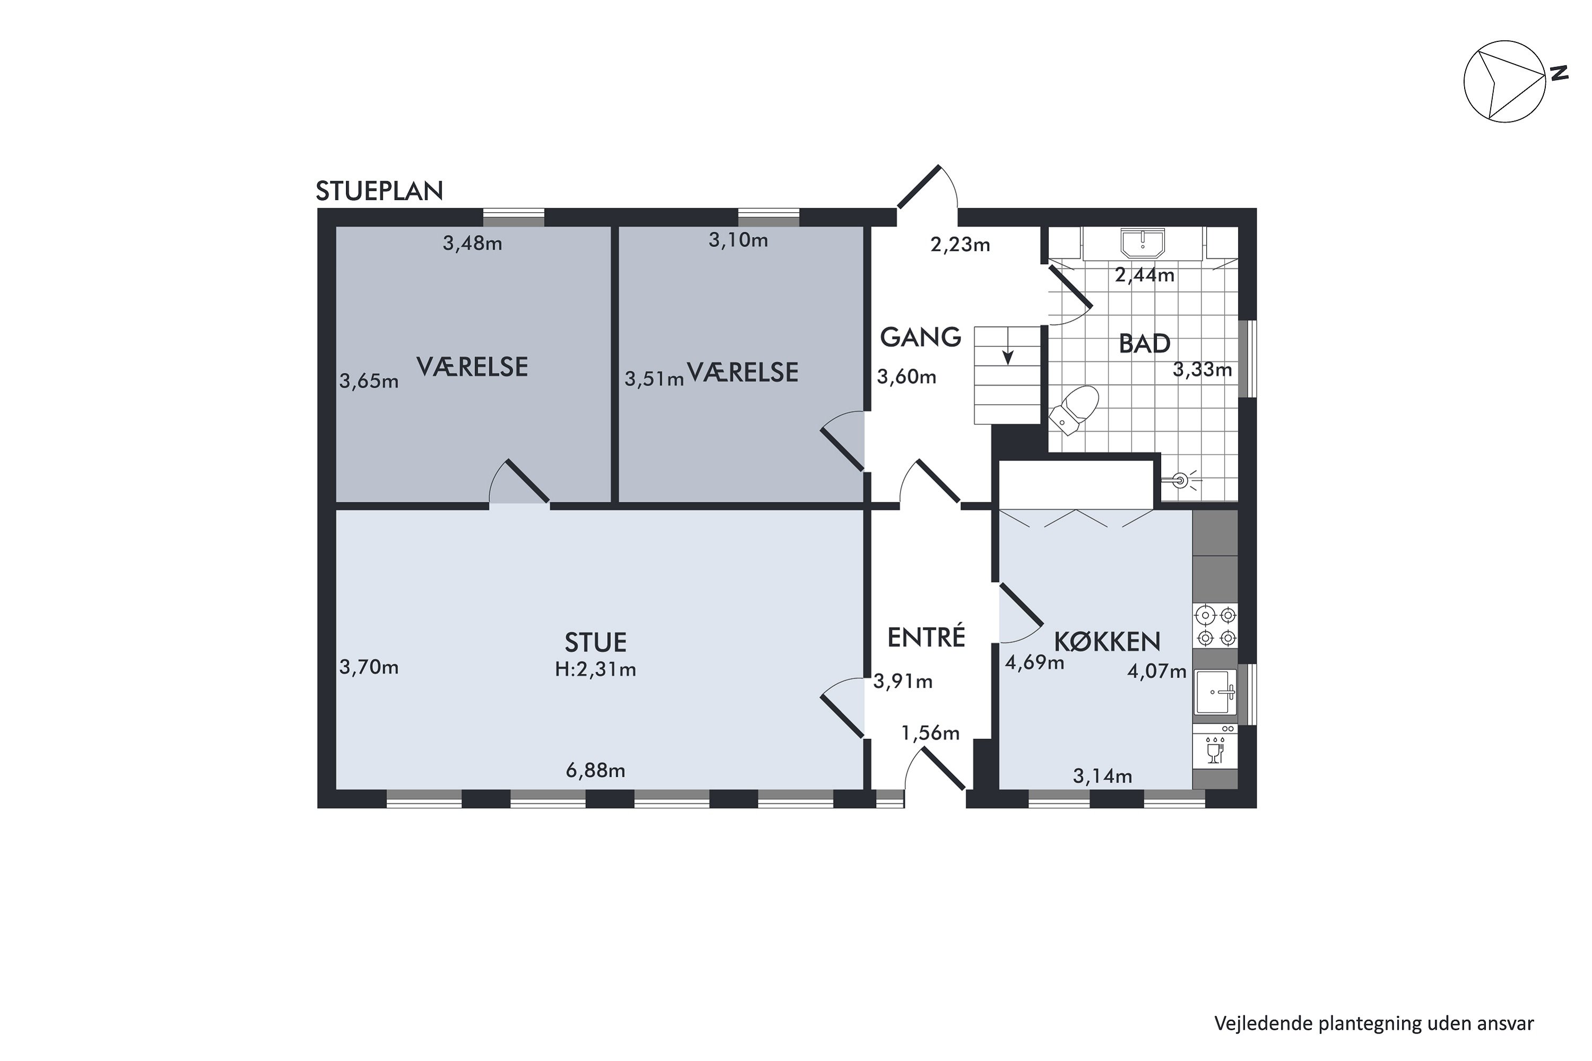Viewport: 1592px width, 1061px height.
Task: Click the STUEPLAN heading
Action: [379, 192]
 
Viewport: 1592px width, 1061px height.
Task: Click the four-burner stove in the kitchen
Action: [1216, 626]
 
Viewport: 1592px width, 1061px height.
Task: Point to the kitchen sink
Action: [1216, 692]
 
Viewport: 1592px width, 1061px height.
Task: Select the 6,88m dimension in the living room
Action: [595, 771]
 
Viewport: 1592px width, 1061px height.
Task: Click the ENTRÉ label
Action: [925, 638]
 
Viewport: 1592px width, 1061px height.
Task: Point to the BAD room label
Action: [1144, 344]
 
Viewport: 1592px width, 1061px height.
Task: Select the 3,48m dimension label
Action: [472, 243]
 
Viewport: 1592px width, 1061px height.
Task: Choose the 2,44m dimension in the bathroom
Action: [1144, 275]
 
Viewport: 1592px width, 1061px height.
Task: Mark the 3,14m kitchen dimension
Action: [1102, 776]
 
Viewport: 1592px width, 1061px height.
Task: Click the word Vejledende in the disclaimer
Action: [1263, 1024]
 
